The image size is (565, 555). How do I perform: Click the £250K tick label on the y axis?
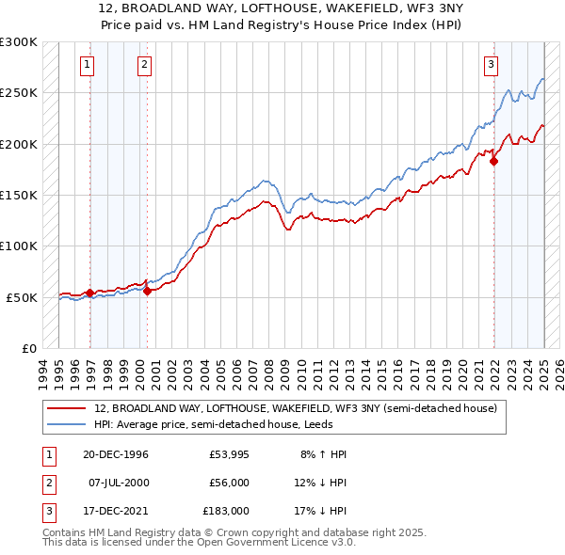tap(19, 93)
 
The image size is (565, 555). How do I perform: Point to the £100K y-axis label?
tap(19, 246)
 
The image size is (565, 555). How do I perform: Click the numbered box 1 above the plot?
tap(87, 65)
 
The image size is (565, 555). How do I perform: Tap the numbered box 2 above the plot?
tap(144, 65)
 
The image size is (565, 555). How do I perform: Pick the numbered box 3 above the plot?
tap(492, 65)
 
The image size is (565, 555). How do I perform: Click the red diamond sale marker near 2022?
tap(494, 162)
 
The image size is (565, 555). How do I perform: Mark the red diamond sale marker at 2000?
tap(148, 291)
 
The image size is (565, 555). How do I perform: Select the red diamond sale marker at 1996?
tap(90, 293)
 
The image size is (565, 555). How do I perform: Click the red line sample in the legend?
tap(69, 408)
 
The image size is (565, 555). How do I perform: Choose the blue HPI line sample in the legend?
tap(69, 424)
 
